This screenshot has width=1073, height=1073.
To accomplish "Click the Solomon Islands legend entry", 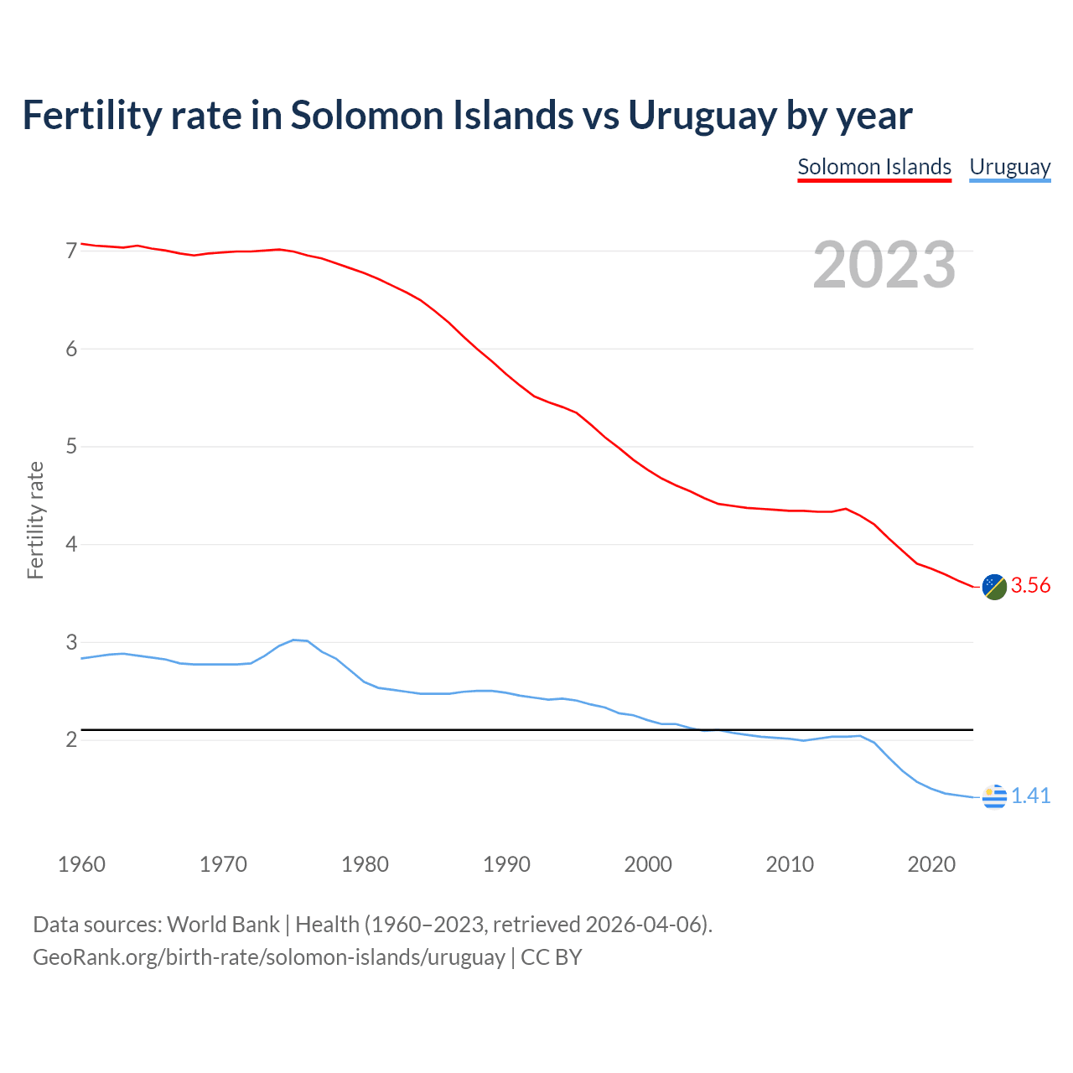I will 874,167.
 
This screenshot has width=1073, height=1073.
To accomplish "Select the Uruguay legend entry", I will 1009,167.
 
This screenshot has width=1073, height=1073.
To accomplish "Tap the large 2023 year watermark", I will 884,265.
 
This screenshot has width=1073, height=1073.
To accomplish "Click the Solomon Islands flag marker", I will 994,587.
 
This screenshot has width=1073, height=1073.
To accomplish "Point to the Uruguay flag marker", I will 994,796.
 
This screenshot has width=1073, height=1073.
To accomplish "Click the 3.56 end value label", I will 1030,586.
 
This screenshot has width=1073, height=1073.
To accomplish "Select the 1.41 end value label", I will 1030,796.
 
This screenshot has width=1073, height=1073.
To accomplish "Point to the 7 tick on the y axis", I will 71,251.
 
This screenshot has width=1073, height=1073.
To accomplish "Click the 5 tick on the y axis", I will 71,447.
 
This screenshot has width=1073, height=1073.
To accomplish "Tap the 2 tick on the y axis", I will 71,740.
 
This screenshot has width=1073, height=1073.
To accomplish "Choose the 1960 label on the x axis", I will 81,864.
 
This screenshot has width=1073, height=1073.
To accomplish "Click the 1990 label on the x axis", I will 506,864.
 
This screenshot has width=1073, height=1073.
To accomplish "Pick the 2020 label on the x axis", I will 931,864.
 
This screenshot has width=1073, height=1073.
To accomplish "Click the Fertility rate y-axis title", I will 35,520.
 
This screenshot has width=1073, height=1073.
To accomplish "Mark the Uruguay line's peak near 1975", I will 294,640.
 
